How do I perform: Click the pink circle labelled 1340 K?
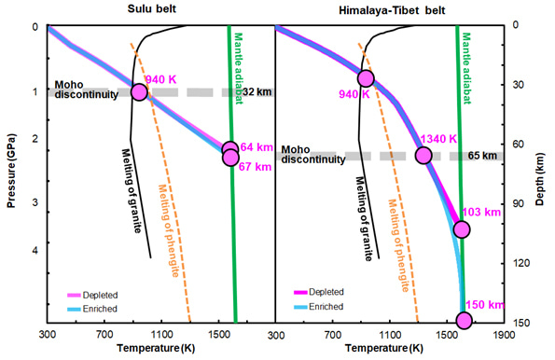click(423, 156)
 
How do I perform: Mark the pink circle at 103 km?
click(461, 229)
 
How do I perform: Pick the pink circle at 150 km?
click(464, 321)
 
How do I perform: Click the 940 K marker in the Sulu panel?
click(140, 91)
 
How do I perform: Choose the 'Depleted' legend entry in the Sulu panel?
click(85, 293)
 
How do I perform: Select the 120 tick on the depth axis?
click(521, 265)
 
